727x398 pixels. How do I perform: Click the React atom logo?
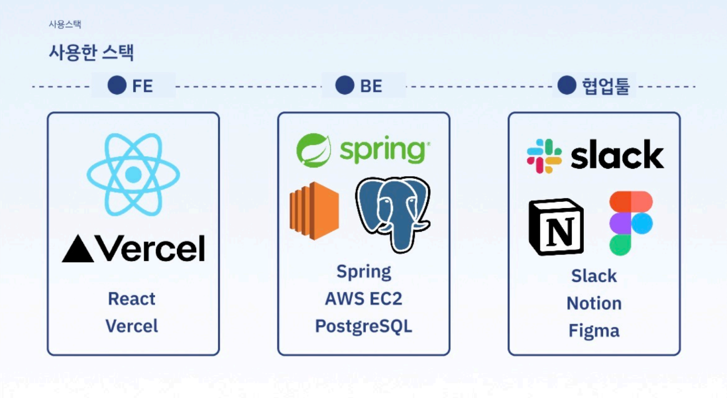click(x=133, y=174)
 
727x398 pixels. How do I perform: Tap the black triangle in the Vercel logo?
click(x=78, y=250)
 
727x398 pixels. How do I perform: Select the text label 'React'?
click(x=132, y=299)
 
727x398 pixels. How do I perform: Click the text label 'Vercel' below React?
click(x=132, y=326)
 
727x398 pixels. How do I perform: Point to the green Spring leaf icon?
click(x=313, y=150)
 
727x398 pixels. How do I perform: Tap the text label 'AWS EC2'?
click(x=363, y=299)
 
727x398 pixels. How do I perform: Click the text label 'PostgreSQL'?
click(x=363, y=326)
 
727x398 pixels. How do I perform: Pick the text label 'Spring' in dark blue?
click(x=363, y=272)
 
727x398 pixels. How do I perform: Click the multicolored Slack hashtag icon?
click(x=544, y=156)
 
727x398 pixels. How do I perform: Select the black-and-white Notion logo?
click(x=556, y=226)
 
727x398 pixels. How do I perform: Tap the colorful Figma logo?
click(x=630, y=223)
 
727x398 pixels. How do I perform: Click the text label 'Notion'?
click(x=594, y=303)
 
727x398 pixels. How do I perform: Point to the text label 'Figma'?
click(x=594, y=330)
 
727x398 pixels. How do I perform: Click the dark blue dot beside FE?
click(x=117, y=85)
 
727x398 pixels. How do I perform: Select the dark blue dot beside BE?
click(x=345, y=85)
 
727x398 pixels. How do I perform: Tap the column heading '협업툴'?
click(x=606, y=86)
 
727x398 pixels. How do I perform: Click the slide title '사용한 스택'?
click(x=91, y=52)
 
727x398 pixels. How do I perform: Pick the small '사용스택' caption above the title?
click(x=65, y=25)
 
